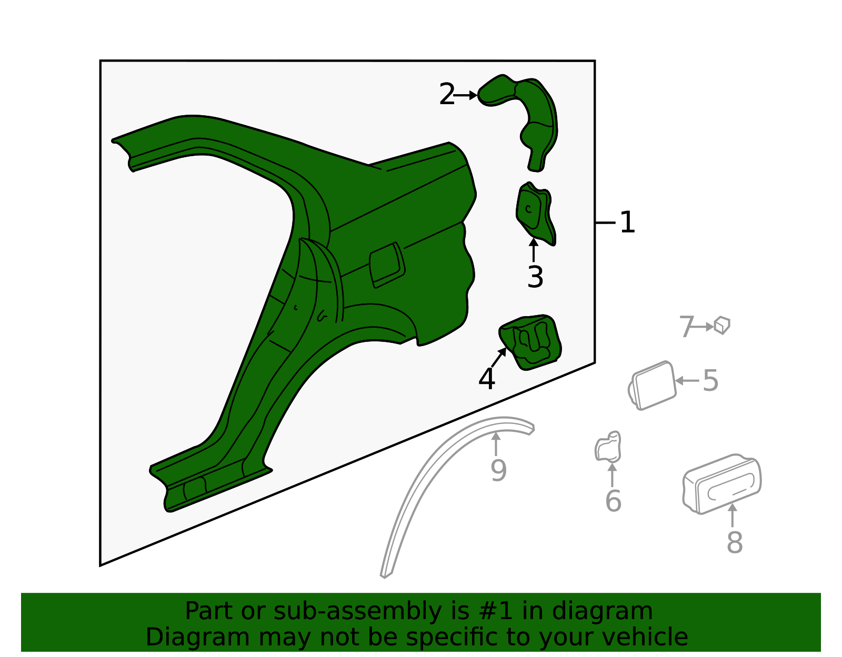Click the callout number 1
[627, 223]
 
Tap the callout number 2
[446, 95]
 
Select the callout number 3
[535, 277]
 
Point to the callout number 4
[487, 379]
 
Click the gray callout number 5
[710, 380]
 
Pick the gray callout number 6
[613, 500]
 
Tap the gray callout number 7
[686, 327]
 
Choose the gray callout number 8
[734, 542]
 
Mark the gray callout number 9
[498, 470]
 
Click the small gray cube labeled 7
[721, 325]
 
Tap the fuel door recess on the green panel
[387, 265]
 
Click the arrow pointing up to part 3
[534, 250]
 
